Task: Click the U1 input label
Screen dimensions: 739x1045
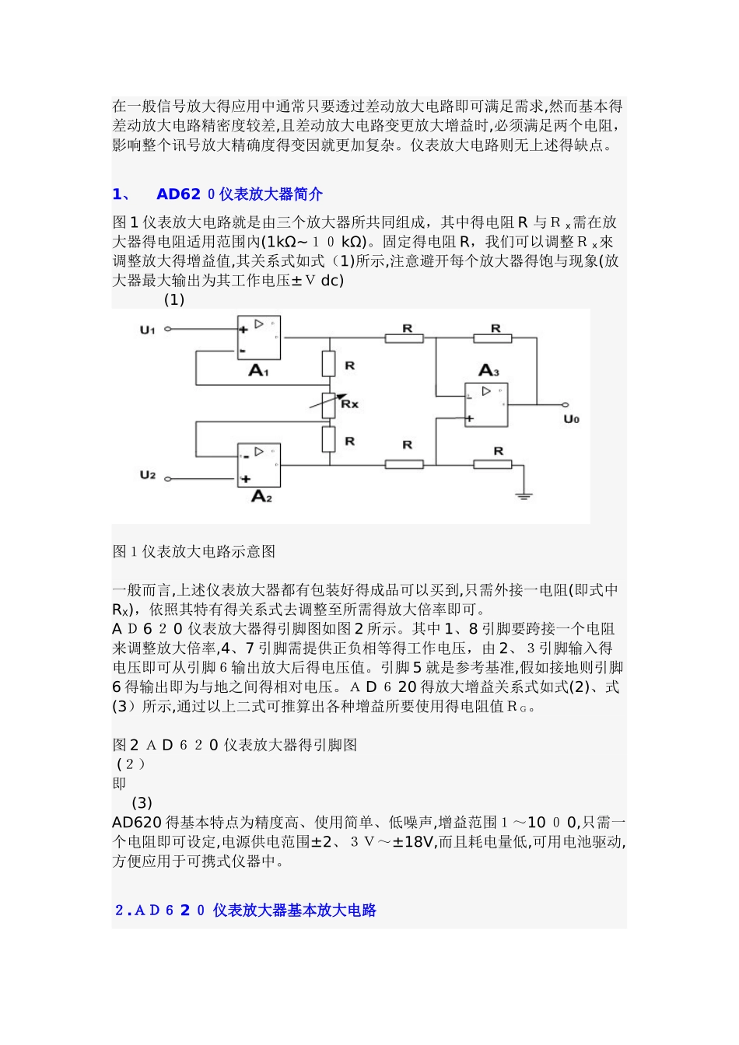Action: pos(148,330)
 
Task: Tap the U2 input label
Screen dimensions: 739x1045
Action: pos(148,475)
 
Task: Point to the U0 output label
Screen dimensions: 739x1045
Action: pos(572,420)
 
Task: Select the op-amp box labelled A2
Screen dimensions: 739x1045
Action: pos(258,465)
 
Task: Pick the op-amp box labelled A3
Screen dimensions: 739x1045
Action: pos(486,405)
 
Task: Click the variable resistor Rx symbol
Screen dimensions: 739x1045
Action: pos(331,403)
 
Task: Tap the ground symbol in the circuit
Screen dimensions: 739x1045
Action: pos(524,492)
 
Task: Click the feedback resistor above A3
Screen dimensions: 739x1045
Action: pos(493,338)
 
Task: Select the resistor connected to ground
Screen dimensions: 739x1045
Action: pos(493,464)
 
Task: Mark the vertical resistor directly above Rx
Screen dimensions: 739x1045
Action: pos(329,364)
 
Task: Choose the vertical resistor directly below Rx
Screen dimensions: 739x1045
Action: pos(329,440)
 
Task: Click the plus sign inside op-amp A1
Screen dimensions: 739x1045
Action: pos(243,329)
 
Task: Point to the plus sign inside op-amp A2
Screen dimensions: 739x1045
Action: pos(245,479)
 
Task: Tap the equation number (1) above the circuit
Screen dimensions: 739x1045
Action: pos(174,300)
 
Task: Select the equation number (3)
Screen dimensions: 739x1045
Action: pos(142,802)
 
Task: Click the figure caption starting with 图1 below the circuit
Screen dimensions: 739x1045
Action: pos(194,551)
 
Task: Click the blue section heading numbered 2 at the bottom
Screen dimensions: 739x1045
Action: pos(246,910)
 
